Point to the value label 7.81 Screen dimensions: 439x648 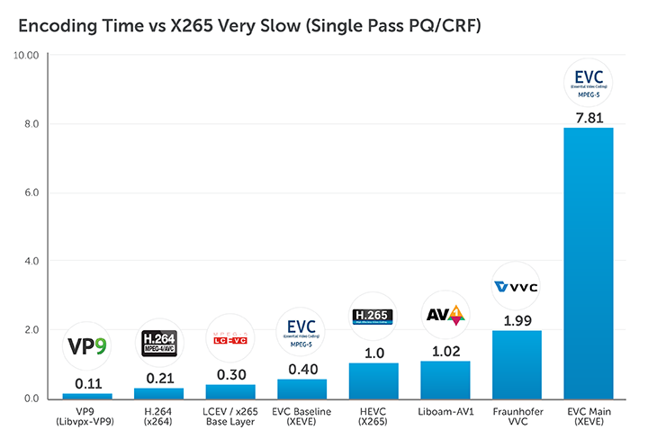pyautogui.click(x=588, y=117)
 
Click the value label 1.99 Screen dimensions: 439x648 pyautogui.click(x=517, y=320)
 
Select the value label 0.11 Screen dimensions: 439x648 pyautogui.click(x=87, y=382)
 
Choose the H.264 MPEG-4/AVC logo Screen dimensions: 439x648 pyautogui.click(x=158, y=342)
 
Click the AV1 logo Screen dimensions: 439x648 pyautogui.click(x=445, y=315)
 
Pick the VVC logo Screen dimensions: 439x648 pyautogui.click(x=517, y=287)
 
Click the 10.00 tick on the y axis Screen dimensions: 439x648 pyautogui.click(x=25, y=56)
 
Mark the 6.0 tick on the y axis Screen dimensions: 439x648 pyautogui.click(x=29, y=193)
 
